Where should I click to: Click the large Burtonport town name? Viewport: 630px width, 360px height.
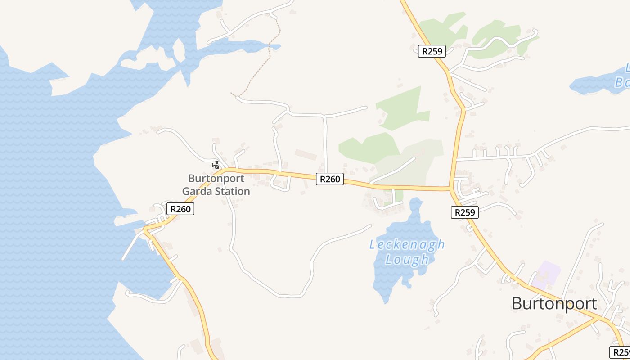coord(554,304)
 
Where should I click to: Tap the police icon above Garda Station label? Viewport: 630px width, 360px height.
coord(216,165)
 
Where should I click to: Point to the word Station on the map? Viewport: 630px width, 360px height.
coord(233,191)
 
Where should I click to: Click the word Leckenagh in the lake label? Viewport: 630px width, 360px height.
coord(407,245)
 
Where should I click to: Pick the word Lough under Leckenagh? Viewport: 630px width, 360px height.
coord(407,260)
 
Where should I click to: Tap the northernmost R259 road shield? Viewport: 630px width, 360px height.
coord(432,51)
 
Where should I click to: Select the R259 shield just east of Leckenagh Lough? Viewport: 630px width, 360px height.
coord(464,212)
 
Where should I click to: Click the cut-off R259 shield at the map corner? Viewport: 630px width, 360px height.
coord(620,352)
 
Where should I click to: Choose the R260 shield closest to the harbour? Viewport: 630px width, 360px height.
coord(180,209)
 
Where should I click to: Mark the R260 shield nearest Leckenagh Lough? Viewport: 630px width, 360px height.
coord(330,179)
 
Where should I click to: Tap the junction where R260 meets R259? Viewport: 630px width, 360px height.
coord(450,189)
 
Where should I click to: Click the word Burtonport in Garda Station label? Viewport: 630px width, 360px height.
coord(216,178)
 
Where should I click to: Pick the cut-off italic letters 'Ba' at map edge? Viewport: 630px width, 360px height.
coord(623,83)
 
